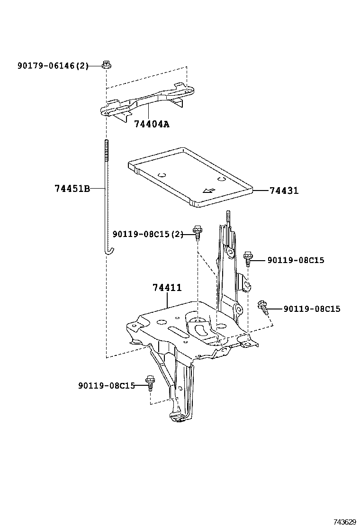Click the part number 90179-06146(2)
pyautogui.click(x=53, y=66)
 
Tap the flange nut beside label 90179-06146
pyautogui.click(x=106, y=64)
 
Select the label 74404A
pyautogui.click(x=151, y=124)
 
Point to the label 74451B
pyautogui.click(x=72, y=189)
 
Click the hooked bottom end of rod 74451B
pyautogui.click(x=108, y=250)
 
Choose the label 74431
pyautogui.click(x=284, y=191)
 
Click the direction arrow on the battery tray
pyautogui.click(x=207, y=191)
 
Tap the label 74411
pyautogui.click(x=167, y=288)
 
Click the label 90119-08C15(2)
pyautogui.click(x=147, y=234)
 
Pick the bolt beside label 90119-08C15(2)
pyautogui.click(x=198, y=232)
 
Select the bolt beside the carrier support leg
pyautogui.click(x=150, y=382)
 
